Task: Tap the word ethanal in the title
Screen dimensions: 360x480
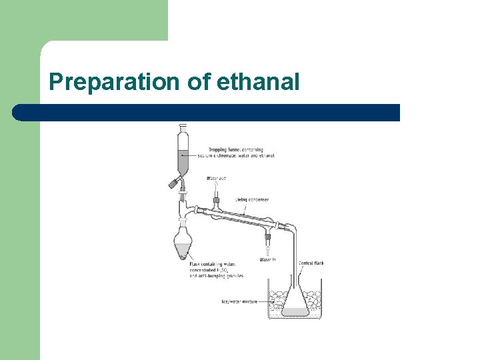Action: click(x=258, y=82)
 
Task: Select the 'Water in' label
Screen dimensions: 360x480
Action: click(x=268, y=259)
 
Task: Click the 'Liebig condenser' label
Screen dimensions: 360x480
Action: click(x=252, y=199)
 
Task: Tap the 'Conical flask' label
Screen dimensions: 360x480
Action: click(x=311, y=263)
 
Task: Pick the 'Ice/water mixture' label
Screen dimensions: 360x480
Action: click(x=239, y=301)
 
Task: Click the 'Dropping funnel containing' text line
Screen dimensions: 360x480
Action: click(x=235, y=149)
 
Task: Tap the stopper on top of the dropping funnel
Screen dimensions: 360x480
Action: click(x=183, y=127)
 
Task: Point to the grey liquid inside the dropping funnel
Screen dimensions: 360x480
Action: click(x=183, y=161)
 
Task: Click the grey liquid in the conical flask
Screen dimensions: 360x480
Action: click(x=294, y=311)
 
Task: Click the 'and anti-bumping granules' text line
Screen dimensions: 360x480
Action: click(x=216, y=275)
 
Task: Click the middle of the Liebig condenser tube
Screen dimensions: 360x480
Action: click(x=241, y=217)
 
